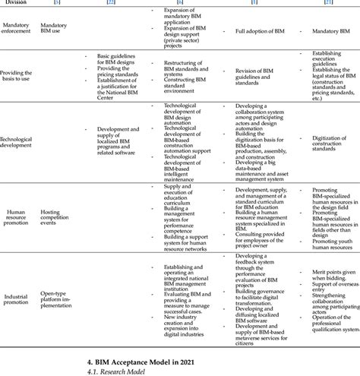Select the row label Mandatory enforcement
click(x=16, y=29)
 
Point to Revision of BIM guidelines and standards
click(x=263, y=74)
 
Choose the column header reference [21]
click(x=327, y=3)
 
